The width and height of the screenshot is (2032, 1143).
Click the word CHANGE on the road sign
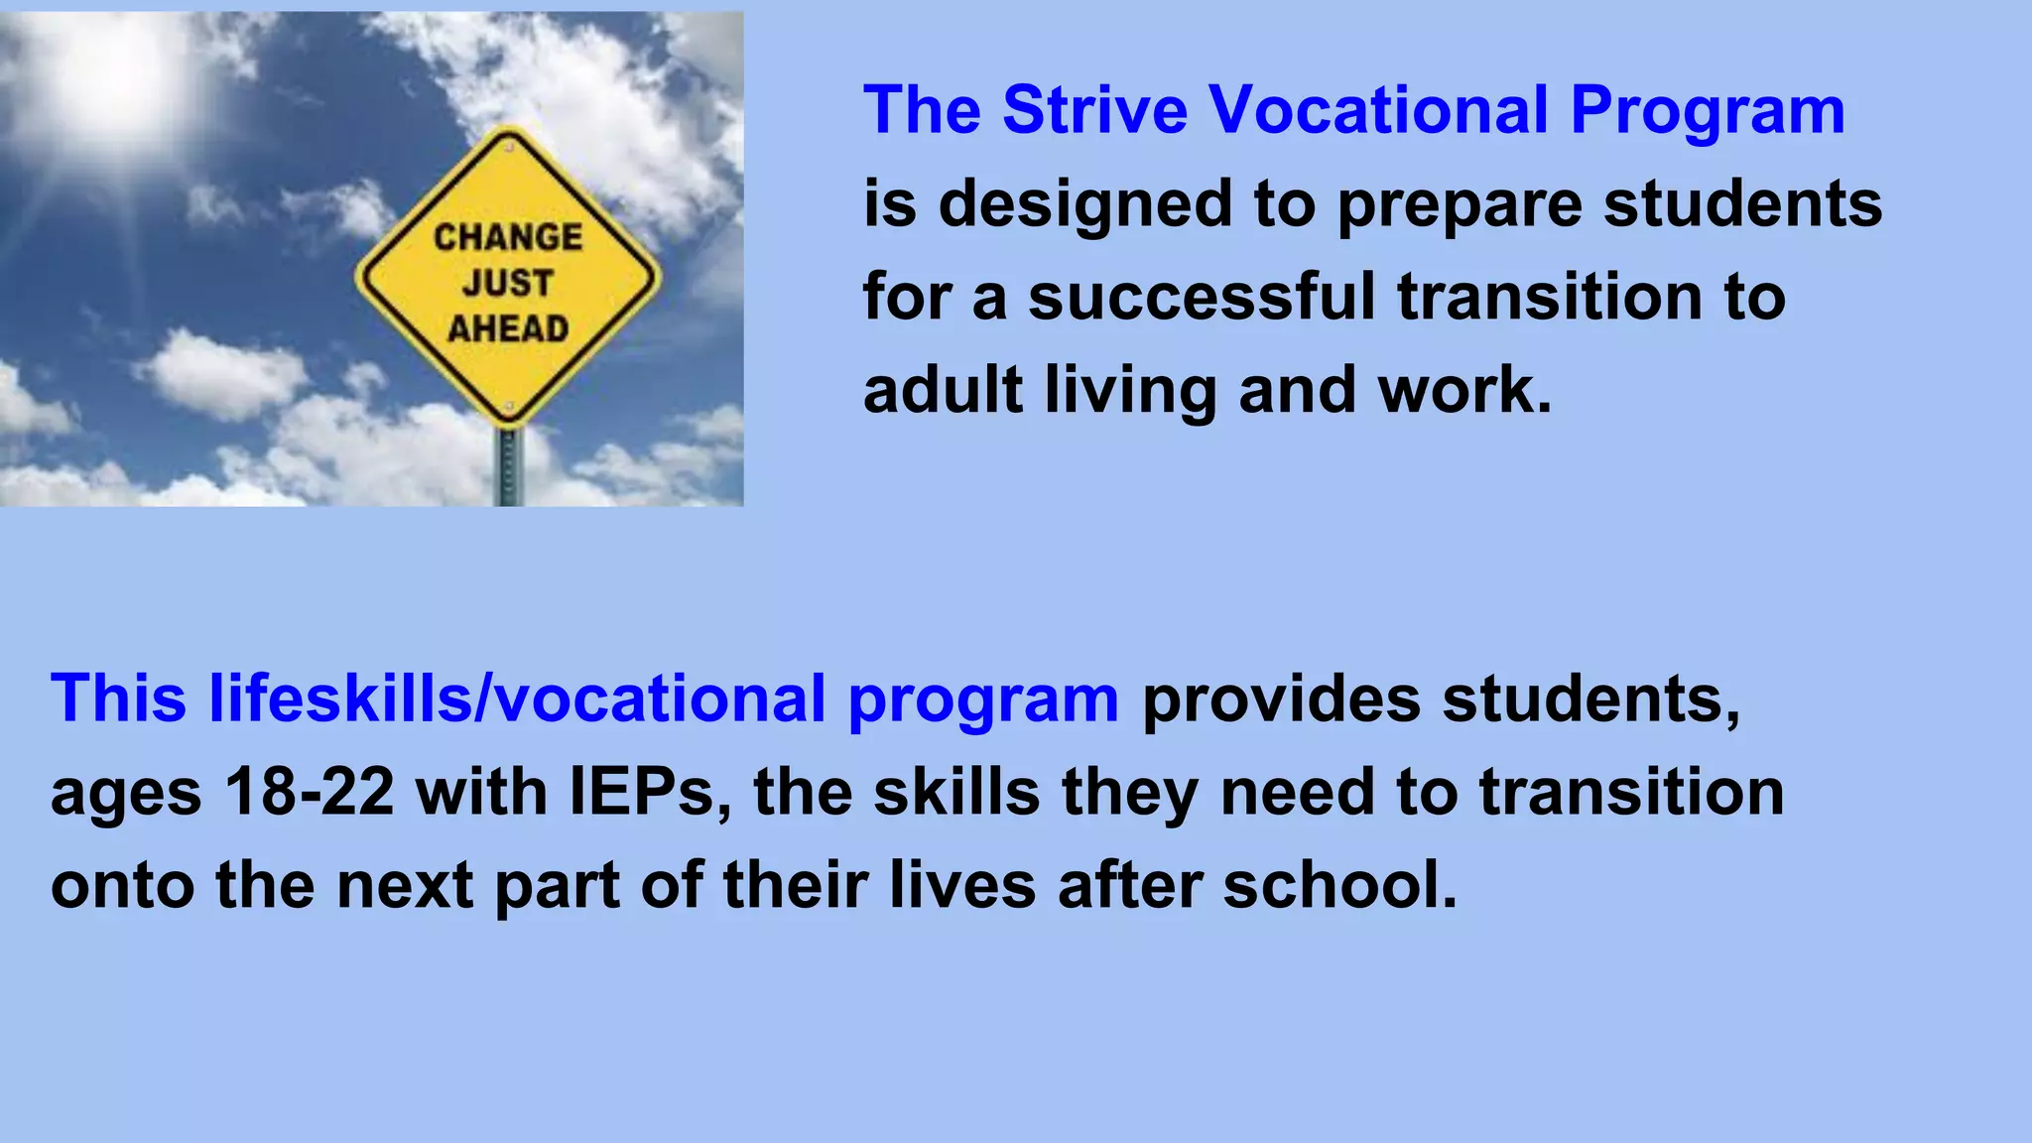point(508,237)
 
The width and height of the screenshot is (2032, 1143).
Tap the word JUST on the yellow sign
point(507,283)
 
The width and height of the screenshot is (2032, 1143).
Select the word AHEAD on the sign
point(508,328)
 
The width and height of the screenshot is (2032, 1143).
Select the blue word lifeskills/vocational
point(517,698)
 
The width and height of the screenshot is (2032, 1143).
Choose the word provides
point(1281,698)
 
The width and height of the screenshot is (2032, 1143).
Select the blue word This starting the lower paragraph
point(118,698)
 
